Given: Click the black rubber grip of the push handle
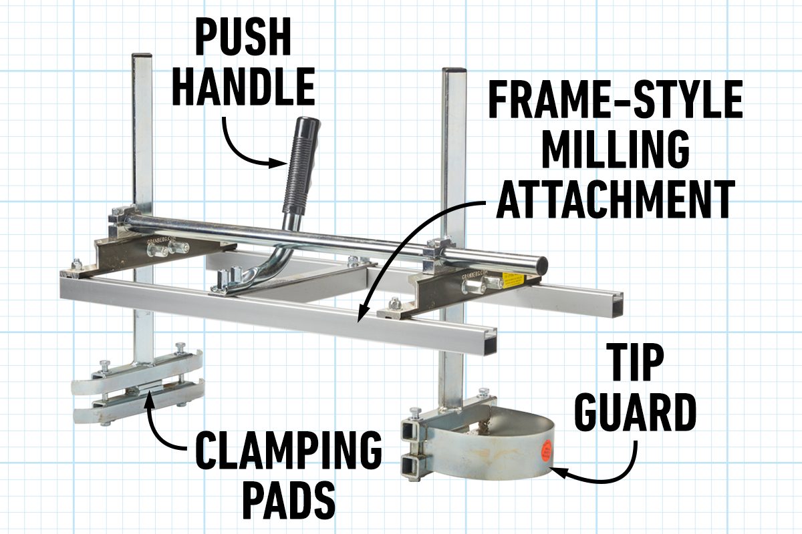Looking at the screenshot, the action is point(301,164).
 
